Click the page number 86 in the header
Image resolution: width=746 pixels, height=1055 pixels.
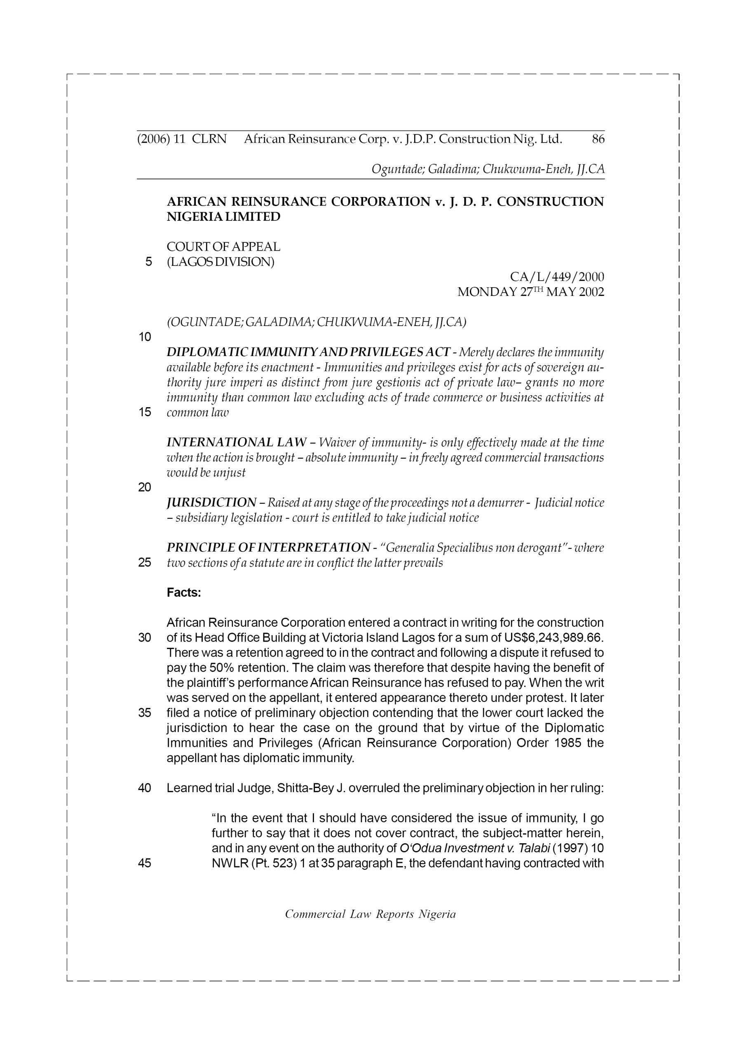point(598,139)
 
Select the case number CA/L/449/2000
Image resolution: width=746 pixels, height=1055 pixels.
point(557,277)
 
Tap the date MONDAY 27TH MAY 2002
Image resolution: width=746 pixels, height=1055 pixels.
point(530,292)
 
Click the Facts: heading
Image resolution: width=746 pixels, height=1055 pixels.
point(184,593)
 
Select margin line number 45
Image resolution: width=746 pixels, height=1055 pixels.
point(144,863)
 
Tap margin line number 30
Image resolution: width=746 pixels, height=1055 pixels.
point(144,638)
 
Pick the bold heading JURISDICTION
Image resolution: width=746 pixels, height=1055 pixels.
point(211,503)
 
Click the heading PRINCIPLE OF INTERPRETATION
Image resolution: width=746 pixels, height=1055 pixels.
point(268,548)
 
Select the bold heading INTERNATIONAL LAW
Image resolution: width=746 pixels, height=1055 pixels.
point(236,443)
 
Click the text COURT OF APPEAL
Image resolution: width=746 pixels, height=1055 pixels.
point(223,247)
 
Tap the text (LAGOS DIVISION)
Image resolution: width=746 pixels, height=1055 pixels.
point(220,262)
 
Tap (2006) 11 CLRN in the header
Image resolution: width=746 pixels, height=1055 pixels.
point(182,139)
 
